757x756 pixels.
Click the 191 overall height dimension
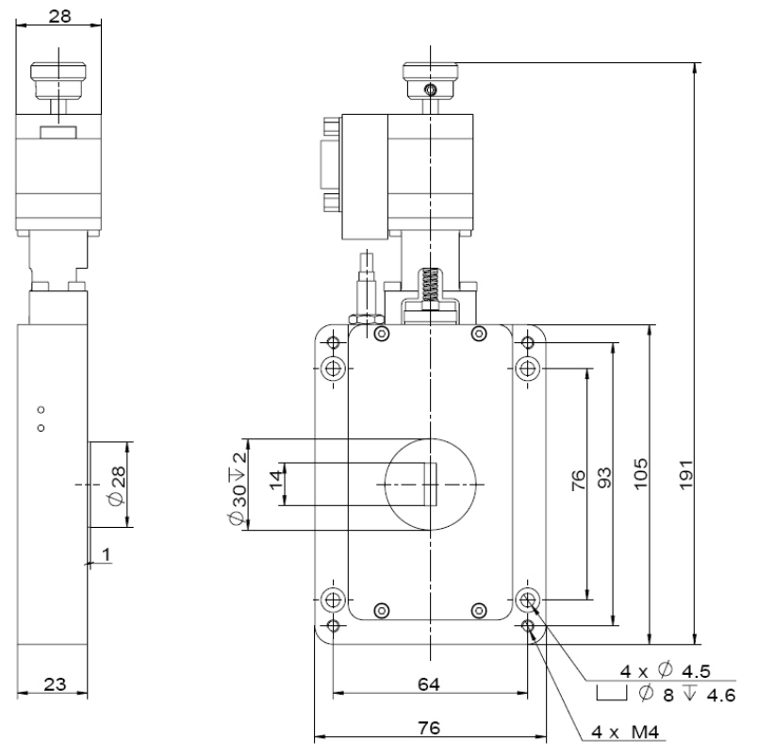pyautogui.click(x=686, y=475)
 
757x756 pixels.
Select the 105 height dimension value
pyautogui.click(x=641, y=474)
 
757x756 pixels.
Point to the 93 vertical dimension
pyautogui.click(x=604, y=478)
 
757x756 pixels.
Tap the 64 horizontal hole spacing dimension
pyautogui.click(x=429, y=683)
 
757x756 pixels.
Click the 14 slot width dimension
pyautogui.click(x=275, y=480)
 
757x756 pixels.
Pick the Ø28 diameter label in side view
pyautogui.click(x=117, y=486)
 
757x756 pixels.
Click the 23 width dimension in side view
pyautogui.click(x=55, y=683)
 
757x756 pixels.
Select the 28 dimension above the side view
pyautogui.click(x=60, y=16)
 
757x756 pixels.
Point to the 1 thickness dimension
pyautogui.click(x=107, y=554)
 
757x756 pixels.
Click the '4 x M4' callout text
pyautogui.click(x=625, y=731)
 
